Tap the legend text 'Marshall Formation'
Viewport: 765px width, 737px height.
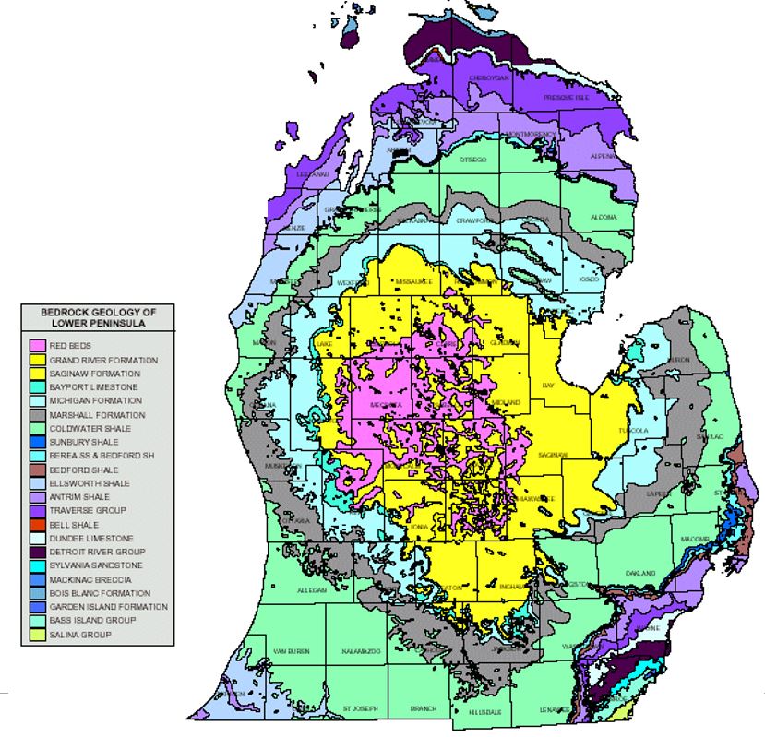(x=90, y=415)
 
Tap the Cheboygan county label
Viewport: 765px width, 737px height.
(x=487, y=78)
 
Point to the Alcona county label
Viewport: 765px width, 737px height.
(x=604, y=218)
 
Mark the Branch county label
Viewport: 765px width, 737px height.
(x=424, y=708)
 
